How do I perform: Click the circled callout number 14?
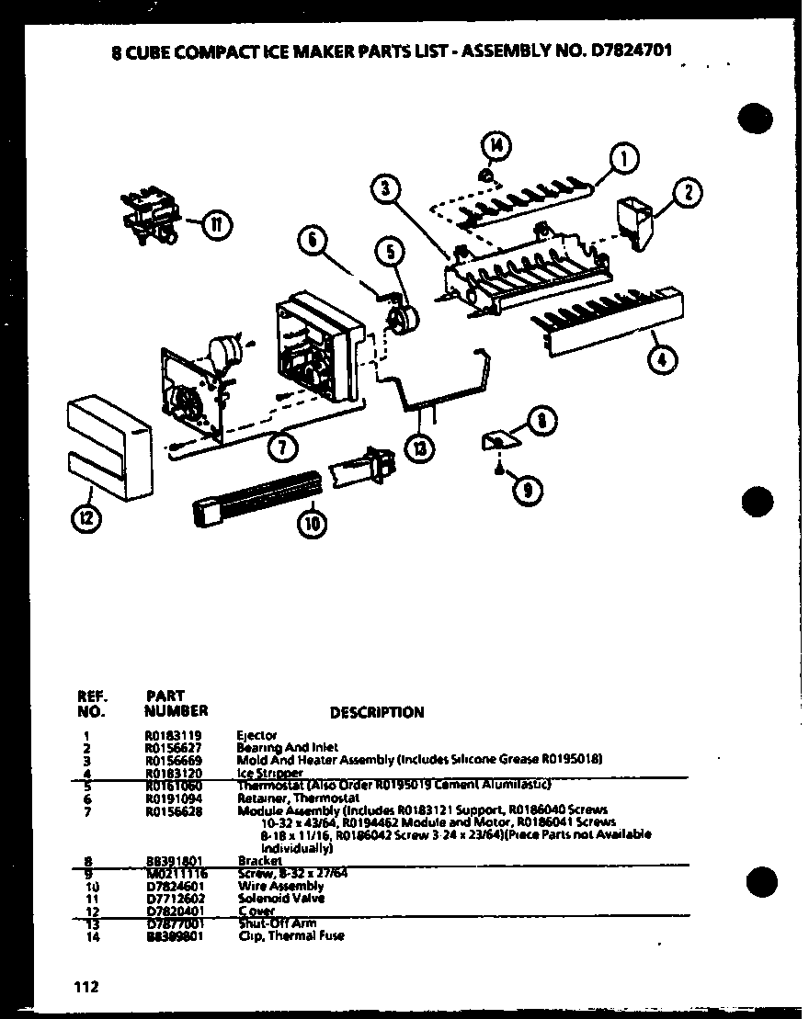pyautogui.click(x=497, y=145)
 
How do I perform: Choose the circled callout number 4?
pyautogui.click(x=661, y=357)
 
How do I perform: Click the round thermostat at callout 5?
pyautogui.click(x=400, y=322)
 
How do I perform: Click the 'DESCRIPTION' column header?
pyautogui.click(x=377, y=712)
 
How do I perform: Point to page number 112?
pyautogui.click(x=86, y=987)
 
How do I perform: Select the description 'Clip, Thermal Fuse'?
pyautogui.click(x=291, y=936)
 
